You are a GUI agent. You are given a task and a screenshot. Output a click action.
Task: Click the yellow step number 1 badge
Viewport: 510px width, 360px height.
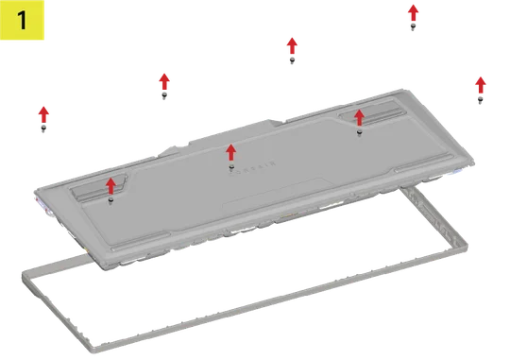point(26,23)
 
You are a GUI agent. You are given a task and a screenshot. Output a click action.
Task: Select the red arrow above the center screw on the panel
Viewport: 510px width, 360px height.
point(230,152)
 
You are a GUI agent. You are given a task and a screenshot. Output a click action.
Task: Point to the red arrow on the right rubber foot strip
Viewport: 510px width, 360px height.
point(358,116)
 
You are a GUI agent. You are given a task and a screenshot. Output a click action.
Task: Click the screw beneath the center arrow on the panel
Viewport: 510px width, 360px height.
point(231,168)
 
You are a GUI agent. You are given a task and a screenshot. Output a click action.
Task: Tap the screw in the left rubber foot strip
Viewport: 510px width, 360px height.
point(111,199)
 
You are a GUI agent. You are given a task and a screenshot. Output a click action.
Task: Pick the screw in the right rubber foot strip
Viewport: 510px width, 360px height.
point(359,132)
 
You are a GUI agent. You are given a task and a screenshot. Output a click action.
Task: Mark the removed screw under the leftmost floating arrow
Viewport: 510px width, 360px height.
point(43,128)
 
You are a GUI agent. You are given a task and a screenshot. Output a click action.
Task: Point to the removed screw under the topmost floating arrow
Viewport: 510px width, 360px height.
point(414,26)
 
